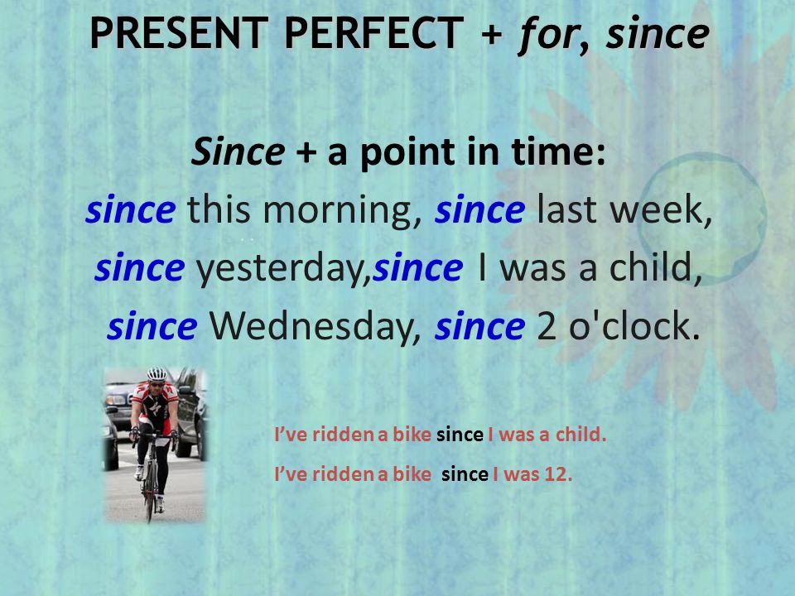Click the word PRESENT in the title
click(179, 33)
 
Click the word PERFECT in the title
click(374, 33)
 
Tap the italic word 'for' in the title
click(548, 35)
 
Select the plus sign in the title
click(491, 35)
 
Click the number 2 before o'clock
click(546, 327)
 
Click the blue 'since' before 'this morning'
click(130, 209)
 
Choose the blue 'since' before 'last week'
click(479, 209)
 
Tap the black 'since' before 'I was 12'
click(465, 474)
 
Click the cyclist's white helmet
click(157, 374)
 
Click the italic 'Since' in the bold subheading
click(238, 152)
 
